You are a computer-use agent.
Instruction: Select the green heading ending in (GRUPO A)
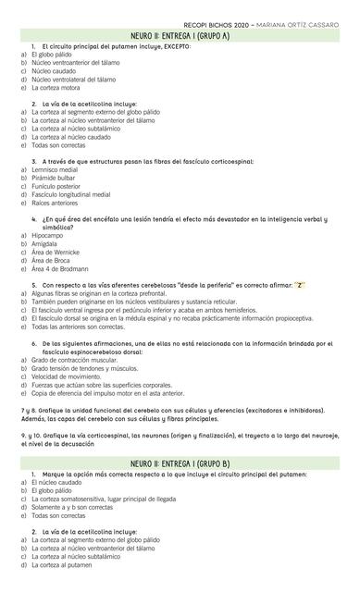180,35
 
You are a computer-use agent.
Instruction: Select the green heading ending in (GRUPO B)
180,462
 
